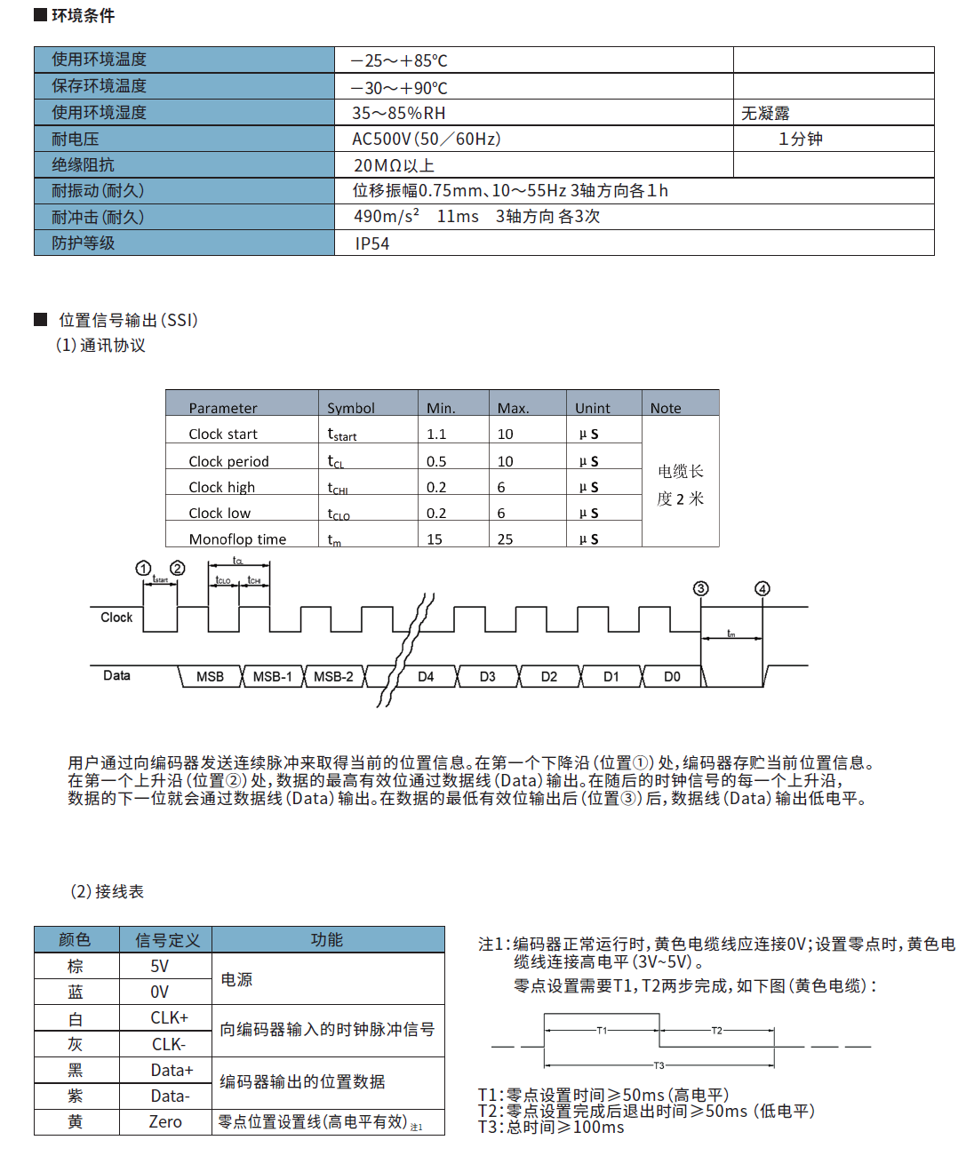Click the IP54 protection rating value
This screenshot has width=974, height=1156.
371,243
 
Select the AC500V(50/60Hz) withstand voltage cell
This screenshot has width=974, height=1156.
427,139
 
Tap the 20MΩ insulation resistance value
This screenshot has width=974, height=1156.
394,165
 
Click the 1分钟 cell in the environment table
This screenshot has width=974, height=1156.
800,139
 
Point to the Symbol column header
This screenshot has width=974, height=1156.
351,408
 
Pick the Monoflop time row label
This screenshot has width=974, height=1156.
237,539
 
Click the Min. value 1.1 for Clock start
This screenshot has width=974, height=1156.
436,434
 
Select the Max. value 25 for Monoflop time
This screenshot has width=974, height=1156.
505,539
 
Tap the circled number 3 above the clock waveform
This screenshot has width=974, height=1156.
701,588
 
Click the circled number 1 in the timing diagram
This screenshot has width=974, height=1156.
143,568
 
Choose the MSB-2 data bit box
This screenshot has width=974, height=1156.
333,676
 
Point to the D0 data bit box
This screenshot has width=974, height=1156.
672,676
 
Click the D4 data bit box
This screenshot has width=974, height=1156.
426,676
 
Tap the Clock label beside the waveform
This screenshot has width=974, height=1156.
116,618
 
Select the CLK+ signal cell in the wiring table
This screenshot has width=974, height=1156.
169,1017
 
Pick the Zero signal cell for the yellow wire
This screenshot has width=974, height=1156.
165,1122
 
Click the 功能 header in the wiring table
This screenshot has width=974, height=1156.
327,939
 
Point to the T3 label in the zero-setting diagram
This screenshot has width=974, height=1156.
659,1065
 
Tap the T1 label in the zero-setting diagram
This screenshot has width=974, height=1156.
602,1031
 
